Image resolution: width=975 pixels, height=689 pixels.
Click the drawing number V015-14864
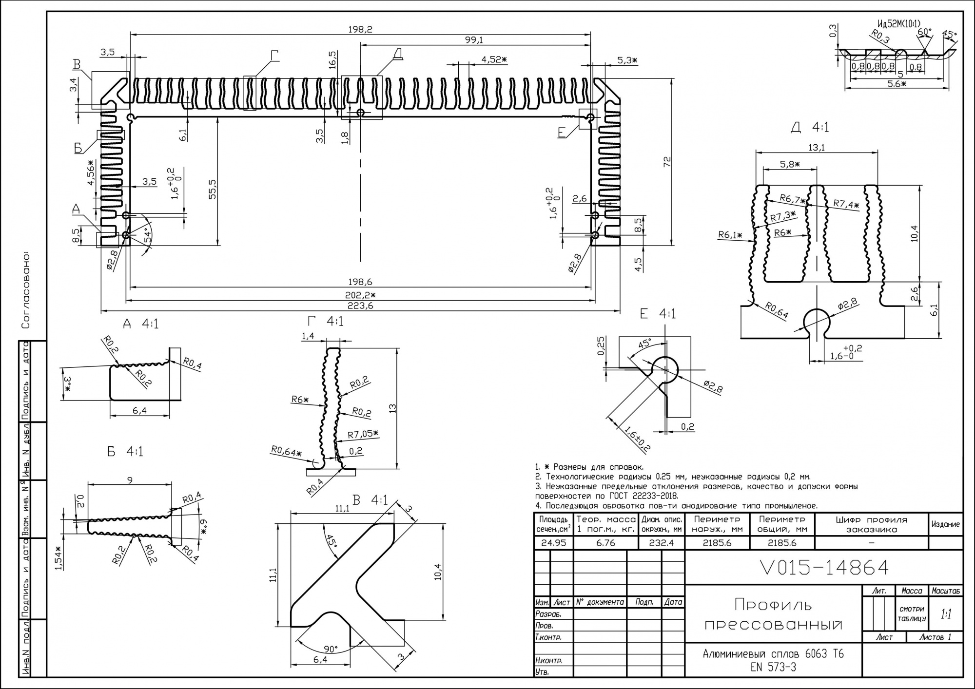(x=824, y=568)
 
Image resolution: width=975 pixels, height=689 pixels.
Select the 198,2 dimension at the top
(x=360, y=29)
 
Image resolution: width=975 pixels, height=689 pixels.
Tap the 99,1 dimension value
(x=474, y=40)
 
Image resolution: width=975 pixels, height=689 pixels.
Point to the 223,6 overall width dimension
(x=360, y=306)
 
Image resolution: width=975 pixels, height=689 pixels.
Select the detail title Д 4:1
(x=809, y=127)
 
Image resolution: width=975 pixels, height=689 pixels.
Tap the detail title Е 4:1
(x=658, y=314)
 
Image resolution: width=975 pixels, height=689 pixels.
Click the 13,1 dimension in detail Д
(x=816, y=147)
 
